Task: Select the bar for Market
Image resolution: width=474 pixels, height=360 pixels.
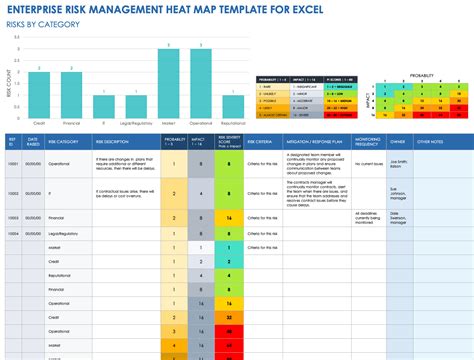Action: (x=168, y=85)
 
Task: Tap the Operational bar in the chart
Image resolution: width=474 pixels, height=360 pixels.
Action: (x=201, y=85)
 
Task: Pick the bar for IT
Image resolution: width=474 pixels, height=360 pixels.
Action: (x=102, y=108)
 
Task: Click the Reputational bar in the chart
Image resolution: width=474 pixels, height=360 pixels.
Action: (x=233, y=108)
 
